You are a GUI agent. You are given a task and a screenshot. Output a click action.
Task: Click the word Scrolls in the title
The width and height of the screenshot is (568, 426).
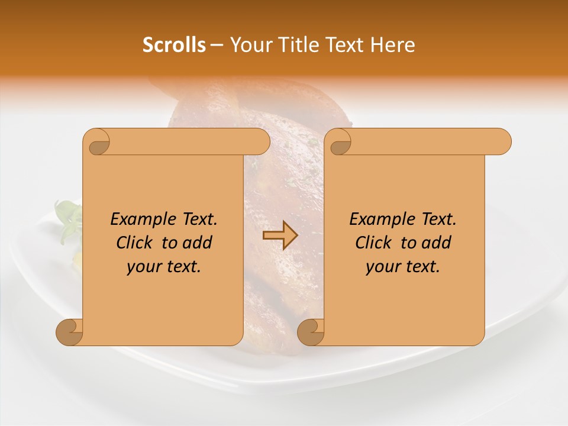click(174, 44)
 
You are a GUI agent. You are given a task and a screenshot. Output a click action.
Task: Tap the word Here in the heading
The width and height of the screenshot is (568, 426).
click(392, 44)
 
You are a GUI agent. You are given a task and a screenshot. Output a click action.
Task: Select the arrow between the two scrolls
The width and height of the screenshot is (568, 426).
click(280, 236)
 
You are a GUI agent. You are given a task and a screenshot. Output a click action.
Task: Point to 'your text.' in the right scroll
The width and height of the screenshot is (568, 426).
click(403, 266)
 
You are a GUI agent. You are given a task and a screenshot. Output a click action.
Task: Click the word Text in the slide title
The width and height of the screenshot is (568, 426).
click(346, 44)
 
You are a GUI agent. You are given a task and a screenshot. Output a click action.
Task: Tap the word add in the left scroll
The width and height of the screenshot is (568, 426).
click(198, 243)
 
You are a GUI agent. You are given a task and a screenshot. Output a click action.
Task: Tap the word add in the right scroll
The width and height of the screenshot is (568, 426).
click(437, 243)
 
